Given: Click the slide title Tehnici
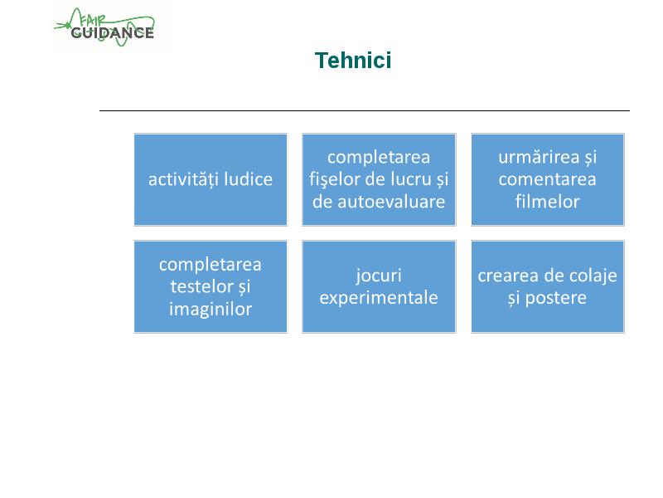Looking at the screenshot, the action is pyautogui.click(x=353, y=60).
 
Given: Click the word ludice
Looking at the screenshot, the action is pyautogui.click(x=248, y=179).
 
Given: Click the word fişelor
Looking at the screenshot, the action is pyautogui.click(x=335, y=179).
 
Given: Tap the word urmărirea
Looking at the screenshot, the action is pyautogui.click(x=539, y=158).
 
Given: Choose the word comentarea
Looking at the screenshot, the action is pyautogui.click(x=548, y=179).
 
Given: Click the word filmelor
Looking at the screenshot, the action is pyautogui.click(x=548, y=202).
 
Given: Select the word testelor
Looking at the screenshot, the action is pyautogui.click(x=201, y=286).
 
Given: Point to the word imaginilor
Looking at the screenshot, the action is pyautogui.click(x=211, y=309).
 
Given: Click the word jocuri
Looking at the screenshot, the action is pyautogui.click(x=379, y=276).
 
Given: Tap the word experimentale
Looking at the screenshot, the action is pyautogui.click(x=379, y=298).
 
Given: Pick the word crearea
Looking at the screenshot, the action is pyautogui.click(x=506, y=276).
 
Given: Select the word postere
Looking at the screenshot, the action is pyautogui.click(x=555, y=299).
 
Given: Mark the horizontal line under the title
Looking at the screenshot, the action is pyautogui.click(x=365, y=110).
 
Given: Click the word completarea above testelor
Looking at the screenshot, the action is pyautogui.click(x=211, y=265).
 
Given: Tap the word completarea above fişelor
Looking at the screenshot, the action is pyautogui.click(x=379, y=158).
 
